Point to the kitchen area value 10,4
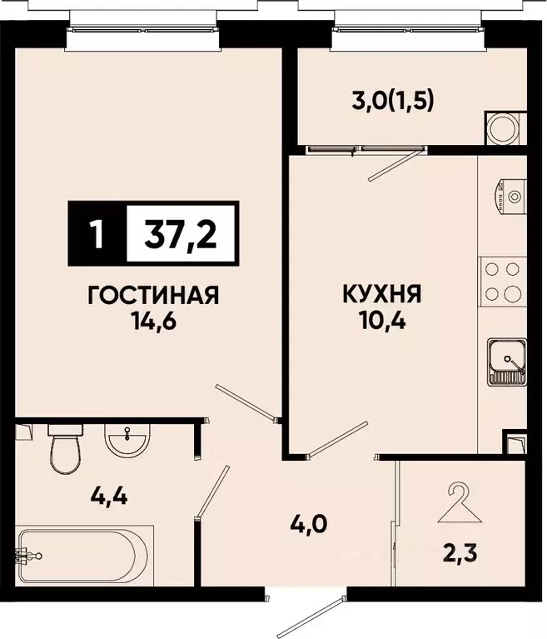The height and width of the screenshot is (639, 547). coord(381,320)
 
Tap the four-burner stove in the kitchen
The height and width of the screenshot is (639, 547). coord(504,282)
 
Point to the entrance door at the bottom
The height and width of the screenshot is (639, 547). coord(311,613)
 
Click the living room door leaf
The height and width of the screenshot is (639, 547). coord(247,401)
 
